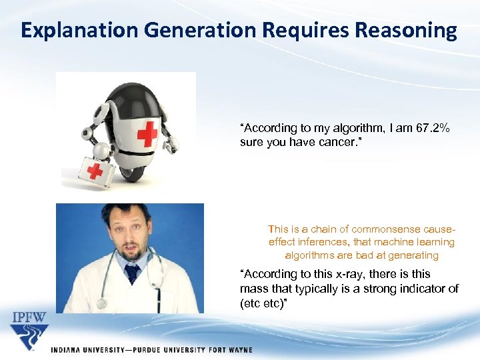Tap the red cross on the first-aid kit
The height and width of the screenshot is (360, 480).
(95, 171)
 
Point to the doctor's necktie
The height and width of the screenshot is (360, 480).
(132, 273)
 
